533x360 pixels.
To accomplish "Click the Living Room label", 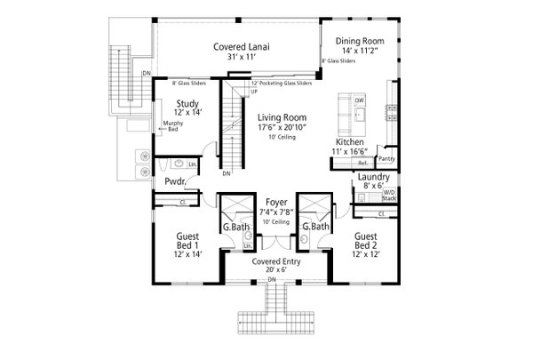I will [x=282, y=117].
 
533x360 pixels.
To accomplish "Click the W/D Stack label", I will [x=388, y=196].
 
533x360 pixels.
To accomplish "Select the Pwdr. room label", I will [x=174, y=181].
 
